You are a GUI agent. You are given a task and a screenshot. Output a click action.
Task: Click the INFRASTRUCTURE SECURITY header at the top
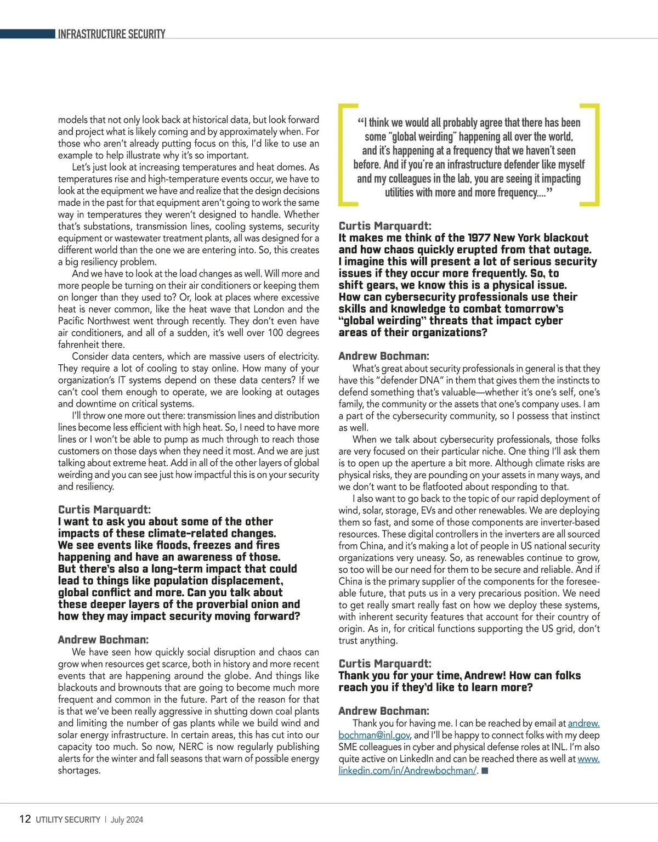(111, 34)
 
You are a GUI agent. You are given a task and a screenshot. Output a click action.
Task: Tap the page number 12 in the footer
(25, 819)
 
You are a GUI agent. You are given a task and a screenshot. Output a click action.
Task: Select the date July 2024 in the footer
(127, 820)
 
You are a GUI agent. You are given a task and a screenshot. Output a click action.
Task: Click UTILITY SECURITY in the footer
(68, 820)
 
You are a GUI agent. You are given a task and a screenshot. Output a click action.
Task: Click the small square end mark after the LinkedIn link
(484, 770)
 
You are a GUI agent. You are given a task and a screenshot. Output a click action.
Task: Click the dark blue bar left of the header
(27, 34)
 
